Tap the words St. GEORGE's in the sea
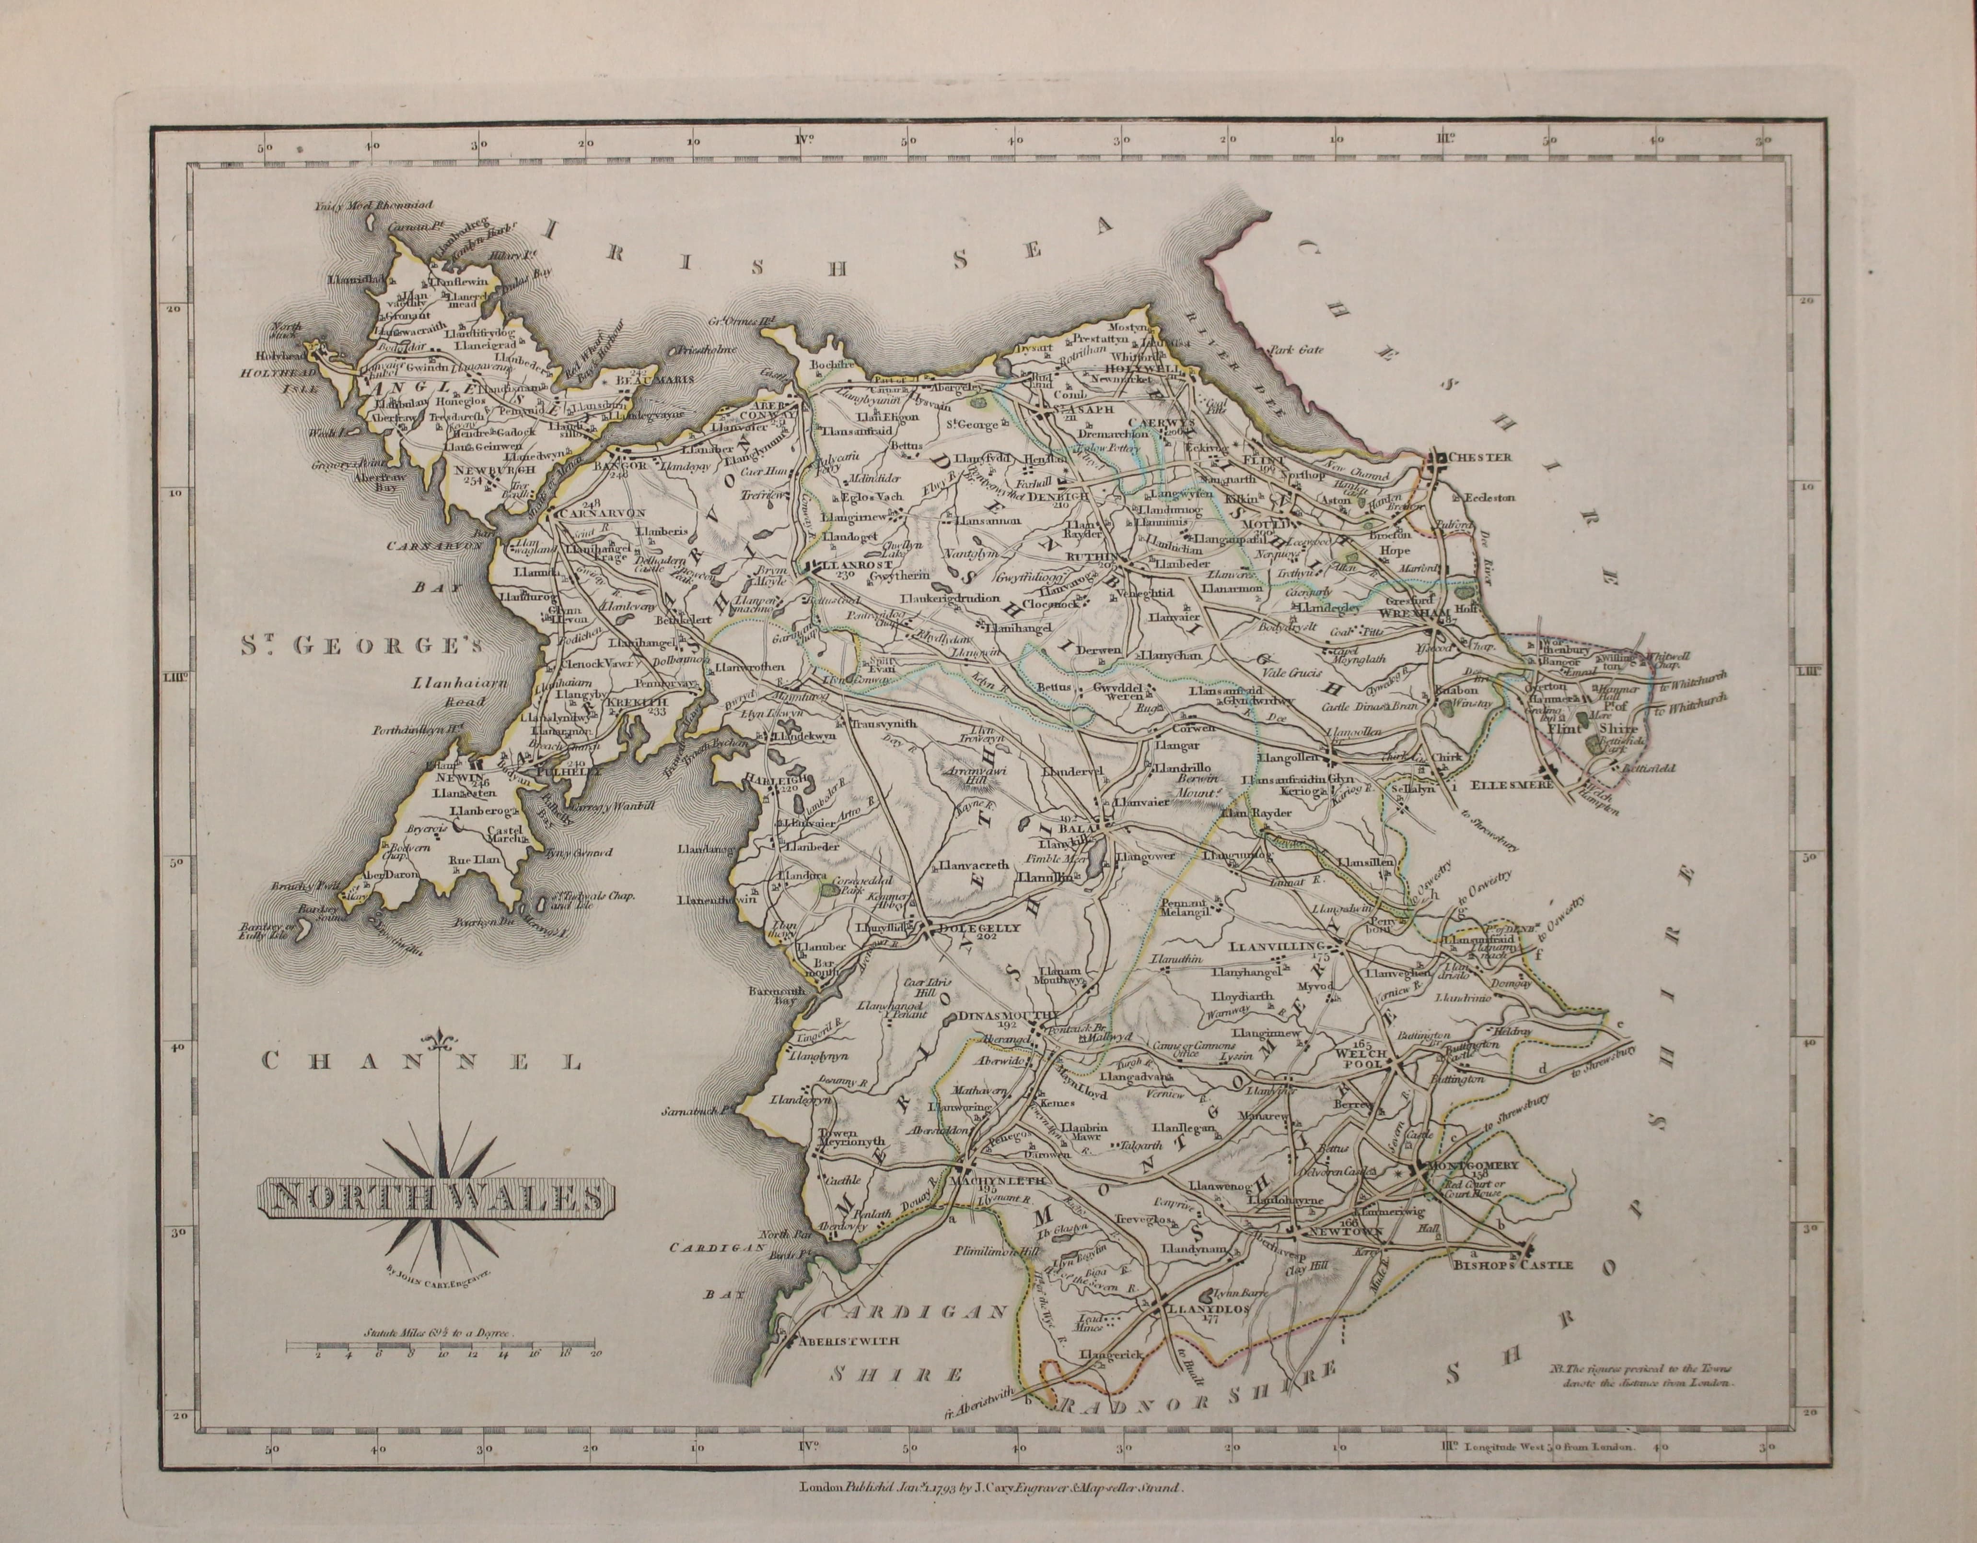point(362,646)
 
